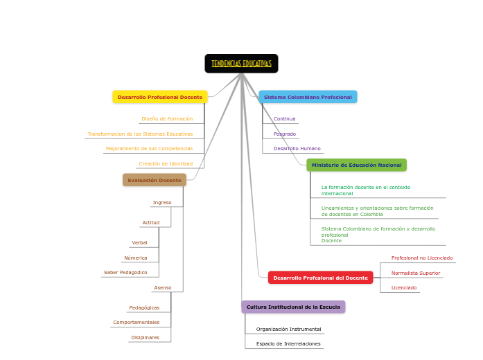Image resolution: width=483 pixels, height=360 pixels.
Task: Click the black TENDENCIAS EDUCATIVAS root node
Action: [x=241, y=64]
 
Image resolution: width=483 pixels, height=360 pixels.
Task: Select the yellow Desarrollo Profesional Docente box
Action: [x=160, y=97]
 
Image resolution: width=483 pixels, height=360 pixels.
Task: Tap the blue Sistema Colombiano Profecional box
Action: [x=308, y=97]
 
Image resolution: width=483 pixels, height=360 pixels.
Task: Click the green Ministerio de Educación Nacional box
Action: [x=356, y=165]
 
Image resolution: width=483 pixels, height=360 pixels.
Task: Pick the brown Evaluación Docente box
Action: [x=155, y=180]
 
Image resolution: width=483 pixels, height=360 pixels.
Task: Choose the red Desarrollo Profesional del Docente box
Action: [x=320, y=278]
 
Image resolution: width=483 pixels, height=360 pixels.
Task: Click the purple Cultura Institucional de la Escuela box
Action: [x=293, y=307]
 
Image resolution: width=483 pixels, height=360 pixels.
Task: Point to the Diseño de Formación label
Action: [x=167, y=119]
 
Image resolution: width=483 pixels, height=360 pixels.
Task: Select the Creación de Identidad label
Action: [x=166, y=164]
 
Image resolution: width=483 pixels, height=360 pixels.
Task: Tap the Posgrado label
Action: [x=285, y=134]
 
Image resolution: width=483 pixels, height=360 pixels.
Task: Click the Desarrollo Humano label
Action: [x=297, y=148]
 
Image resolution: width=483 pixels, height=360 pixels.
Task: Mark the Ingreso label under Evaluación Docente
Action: [x=161, y=203]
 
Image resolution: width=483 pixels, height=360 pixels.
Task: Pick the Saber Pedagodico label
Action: [x=125, y=273]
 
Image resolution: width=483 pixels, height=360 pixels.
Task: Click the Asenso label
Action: [x=162, y=288]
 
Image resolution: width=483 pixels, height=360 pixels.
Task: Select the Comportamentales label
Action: [x=136, y=323]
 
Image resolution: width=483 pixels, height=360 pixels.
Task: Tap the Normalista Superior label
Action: [x=415, y=273]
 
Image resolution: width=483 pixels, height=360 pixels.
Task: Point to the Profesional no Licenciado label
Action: [x=421, y=258]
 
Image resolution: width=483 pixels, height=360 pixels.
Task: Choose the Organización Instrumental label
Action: [x=288, y=330]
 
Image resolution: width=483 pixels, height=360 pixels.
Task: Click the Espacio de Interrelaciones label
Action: [x=288, y=344]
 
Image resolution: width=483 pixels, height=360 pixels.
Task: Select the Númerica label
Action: [x=136, y=258]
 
